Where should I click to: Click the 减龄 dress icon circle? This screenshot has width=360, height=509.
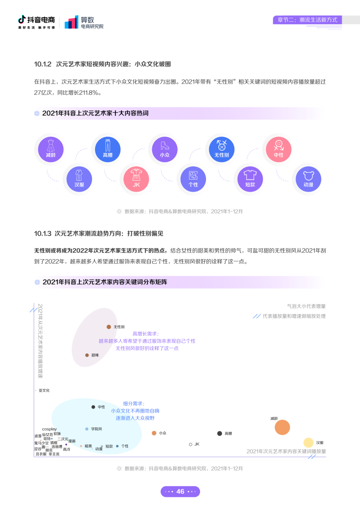tap(51, 149)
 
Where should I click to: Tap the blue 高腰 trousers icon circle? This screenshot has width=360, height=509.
tap(108, 149)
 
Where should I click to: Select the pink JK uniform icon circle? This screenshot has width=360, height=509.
tap(136, 179)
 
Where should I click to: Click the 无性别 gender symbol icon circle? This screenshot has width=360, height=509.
tap(222, 149)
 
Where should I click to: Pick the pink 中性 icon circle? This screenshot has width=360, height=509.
tap(279, 149)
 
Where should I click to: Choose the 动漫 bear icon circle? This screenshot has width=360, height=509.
tap(308, 179)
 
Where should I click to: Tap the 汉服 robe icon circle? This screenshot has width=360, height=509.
tap(79, 179)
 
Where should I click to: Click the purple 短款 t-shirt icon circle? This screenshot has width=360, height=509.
tap(250, 179)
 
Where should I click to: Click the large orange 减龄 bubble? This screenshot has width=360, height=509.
tap(282, 427)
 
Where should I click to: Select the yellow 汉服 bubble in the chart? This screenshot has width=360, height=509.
tap(308, 443)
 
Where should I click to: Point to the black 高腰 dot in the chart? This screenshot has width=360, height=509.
tap(219, 433)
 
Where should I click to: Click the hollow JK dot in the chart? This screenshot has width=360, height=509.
tap(190, 444)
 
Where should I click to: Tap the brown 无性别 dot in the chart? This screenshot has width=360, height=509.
tap(109, 327)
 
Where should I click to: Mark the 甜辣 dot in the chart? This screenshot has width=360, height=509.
tap(87, 355)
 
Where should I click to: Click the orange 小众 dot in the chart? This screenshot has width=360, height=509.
tap(154, 433)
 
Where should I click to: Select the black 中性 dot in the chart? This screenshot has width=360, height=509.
tap(93, 407)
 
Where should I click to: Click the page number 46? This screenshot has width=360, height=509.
tap(180, 491)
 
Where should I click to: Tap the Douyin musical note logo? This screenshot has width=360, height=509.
tap(22, 19)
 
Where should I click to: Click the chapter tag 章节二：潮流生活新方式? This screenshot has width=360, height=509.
tap(307, 20)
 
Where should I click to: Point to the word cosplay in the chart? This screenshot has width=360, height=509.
tap(49, 429)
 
